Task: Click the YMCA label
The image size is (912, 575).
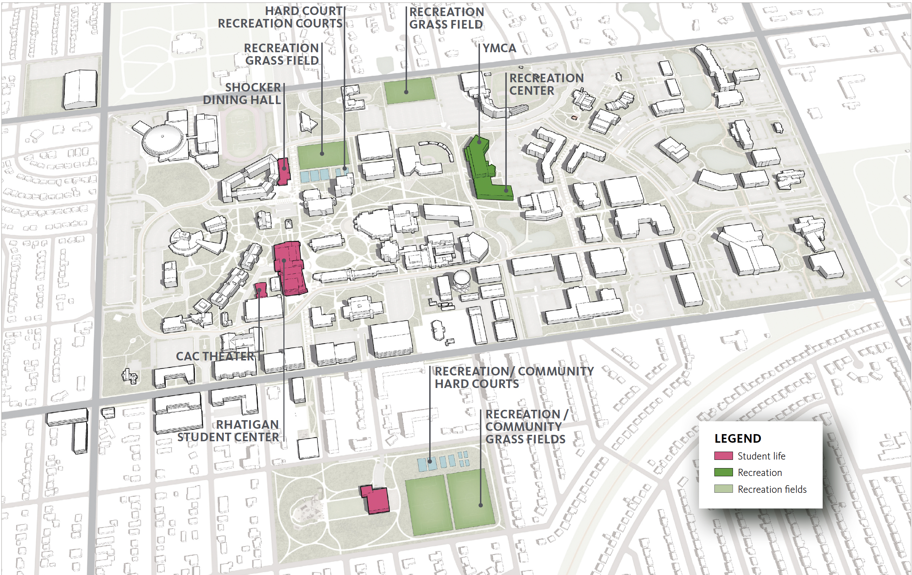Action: [x=499, y=48]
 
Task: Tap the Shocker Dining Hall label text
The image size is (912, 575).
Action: [x=242, y=94]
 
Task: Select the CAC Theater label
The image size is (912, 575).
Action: [x=215, y=356]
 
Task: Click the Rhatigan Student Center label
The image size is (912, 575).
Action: [x=228, y=431]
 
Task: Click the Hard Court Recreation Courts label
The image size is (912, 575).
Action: [x=280, y=17]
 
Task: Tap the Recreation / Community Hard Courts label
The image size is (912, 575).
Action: [x=514, y=378]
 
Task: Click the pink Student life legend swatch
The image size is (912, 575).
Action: [x=723, y=456]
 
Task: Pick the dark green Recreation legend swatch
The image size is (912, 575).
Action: [x=723, y=472]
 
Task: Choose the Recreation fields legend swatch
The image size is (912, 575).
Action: [x=723, y=489]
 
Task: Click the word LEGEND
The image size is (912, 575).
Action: [x=737, y=438]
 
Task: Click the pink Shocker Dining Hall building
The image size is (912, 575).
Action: [x=283, y=171]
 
